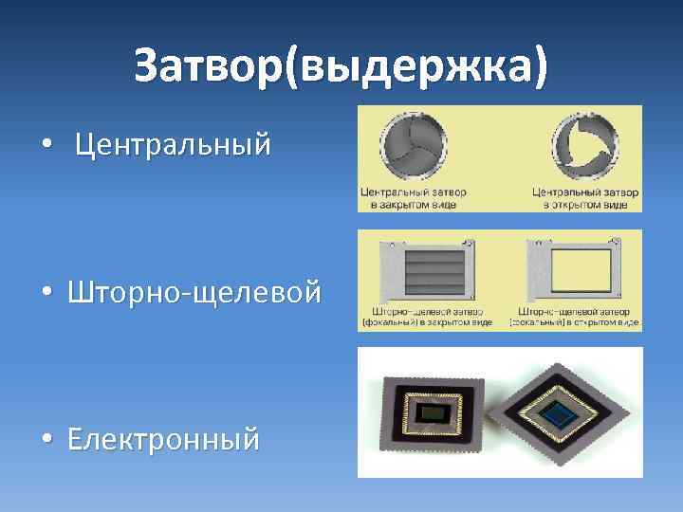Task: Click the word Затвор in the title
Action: point(216,66)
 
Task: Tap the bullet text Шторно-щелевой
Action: point(194,292)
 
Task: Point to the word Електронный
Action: point(164,439)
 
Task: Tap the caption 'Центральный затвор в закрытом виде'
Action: point(414,197)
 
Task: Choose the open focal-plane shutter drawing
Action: point(572,269)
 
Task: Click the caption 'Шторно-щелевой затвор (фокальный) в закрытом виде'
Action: point(427,317)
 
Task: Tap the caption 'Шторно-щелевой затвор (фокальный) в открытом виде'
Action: point(575,317)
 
